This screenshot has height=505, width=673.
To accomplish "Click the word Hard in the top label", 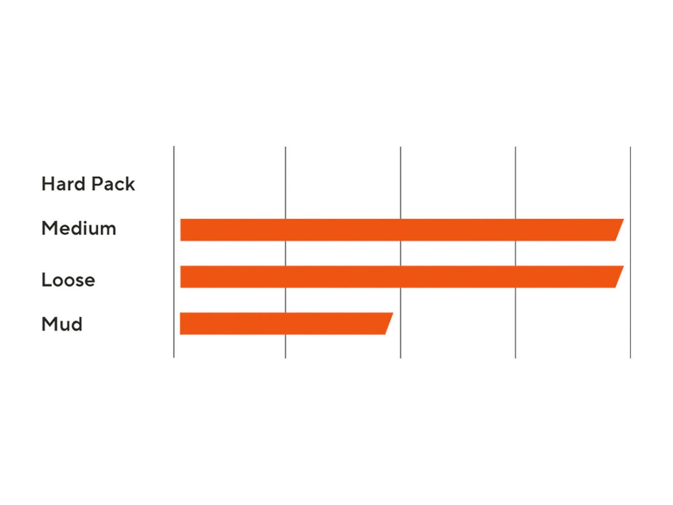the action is pyautogui.click(x=63, y=183).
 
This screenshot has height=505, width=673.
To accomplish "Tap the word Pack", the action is pyautogui.click(x=113, y=183).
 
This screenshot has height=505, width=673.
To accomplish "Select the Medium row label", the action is pyautogui.click(x=79, y=228).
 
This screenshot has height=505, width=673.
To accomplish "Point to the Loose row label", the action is pyautogui.click(x=68, y=279).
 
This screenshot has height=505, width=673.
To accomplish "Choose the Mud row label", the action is pyautogui.click(x=62, y=324).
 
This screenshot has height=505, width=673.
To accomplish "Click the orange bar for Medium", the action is pyautogui.click(x=402, y=230).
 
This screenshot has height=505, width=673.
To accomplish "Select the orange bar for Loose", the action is pyautogui.click(x=402, y=276).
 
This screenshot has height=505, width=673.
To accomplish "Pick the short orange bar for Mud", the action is pyautogui.click(x=286, y=324).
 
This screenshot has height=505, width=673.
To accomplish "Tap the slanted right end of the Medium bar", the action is pyautogui.click(x=619, y=230).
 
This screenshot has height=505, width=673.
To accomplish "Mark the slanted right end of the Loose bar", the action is pyautogui.click(x=619, y=276).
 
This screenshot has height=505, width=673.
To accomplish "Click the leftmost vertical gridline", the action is pyautogui.click(x=174, y=252).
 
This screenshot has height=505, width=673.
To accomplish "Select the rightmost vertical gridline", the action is pyautogui.click(x=631, y=252).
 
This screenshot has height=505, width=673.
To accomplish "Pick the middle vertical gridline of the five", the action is pyautogui.click(x=400, y=252).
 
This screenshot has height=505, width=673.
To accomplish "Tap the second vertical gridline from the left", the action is pyautogui.click(x=286, y=252).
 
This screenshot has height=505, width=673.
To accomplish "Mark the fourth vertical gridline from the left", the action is pyautogui.click(x=515, y=252).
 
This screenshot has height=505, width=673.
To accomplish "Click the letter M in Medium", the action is pyautogui.click(x=49, y=229).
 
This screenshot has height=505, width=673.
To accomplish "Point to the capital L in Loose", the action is pyautogui.click(x=46, y=279).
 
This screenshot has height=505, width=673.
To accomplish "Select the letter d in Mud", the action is pyautogui.click(x=77, y=324).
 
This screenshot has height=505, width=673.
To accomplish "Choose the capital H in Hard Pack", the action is pyautogui.click(x=48, y=184).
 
